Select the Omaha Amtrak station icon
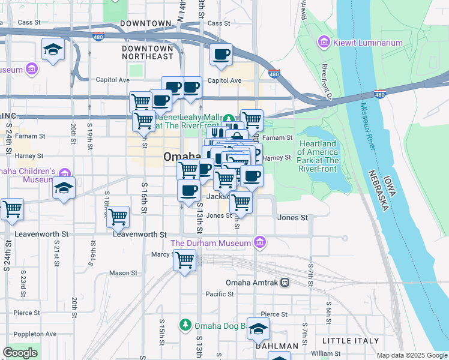click(x=285, y=282)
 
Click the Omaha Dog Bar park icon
click(x=185, y=326)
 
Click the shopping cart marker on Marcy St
click(x=185, y=260)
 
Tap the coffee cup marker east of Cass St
click(x=221, y=55)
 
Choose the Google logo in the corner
click(x=20, y=353)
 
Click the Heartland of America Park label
click(x=319, y=152)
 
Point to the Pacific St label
click(x=219, y=294)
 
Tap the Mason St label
click(x=124, y=272)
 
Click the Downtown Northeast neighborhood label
click(x=147, y=52)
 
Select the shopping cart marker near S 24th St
click(x=12, y=209)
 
